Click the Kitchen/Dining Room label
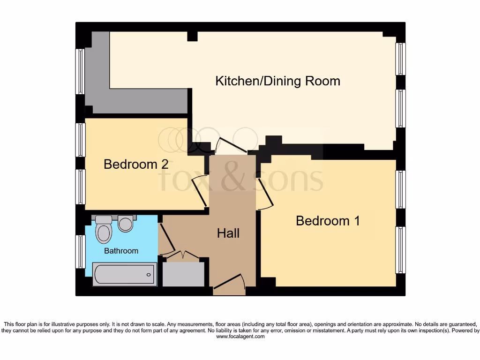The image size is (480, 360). (x=277, y=81)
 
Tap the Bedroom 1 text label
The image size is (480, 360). (x=328, y=221)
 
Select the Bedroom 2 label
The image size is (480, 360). (x=136, y=165)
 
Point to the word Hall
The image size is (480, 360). (x=228, y=233)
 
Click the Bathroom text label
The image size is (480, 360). (x=121, y=251)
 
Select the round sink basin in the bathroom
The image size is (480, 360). (x=126, y=223)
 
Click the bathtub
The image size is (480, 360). (x=124, y=274)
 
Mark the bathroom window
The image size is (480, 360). (x=80, y=252)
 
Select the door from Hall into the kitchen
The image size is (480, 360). (x=232, y=145)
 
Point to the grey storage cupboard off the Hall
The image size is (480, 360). (x=183, y=274)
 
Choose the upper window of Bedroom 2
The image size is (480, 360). (x=80, y=140)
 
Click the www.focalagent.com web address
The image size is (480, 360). (x=240, y=337)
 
